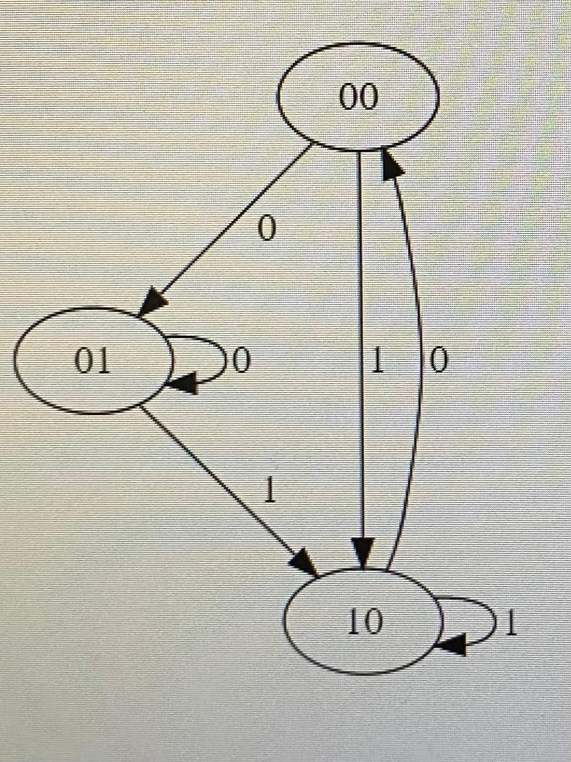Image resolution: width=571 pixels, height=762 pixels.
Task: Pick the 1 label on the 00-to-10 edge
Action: point(378,362)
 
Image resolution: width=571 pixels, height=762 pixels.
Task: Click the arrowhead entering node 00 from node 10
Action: point(392,165)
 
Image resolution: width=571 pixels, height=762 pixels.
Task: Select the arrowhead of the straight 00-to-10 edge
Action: point(364,552)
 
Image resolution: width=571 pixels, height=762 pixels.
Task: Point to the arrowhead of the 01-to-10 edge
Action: point(304,562)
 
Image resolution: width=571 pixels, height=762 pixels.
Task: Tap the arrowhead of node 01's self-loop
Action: point(182,384)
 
